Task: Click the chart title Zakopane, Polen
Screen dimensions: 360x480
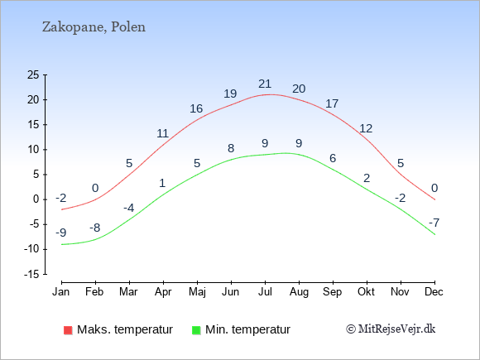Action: pyautogui.click(x=94, y=26)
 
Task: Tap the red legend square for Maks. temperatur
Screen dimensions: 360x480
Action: pyautogui.click(x=67, y=329)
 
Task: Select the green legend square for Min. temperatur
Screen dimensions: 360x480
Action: pyautogui.click(x=196, y=329)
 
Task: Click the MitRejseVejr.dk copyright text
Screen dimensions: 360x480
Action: pyautogui.click(x=391, y=329)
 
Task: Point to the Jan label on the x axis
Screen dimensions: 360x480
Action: pyautogui.click(x=61, y=292)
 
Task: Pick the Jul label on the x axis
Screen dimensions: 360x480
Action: pyautogui.click(x=265, y=292)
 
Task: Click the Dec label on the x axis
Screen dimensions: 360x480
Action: pyautogui.click(x=434, y=292)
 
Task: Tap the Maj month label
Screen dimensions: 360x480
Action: pyautogui.click(x=197, y=292)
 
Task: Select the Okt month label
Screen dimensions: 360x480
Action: pyautogui.click(x=367, y=292)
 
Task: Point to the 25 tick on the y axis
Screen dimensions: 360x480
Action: pyautogui.click(x=33, y=75)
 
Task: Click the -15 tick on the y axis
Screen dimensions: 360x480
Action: pyautogui.click(x=31, y=274)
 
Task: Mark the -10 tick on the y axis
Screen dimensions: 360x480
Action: pyautogui.click(x=31, y=249)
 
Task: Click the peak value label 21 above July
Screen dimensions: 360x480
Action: pyautogui.click(x=265, y=84)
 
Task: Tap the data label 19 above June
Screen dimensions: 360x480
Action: pyautogui.click(x=231, y=94)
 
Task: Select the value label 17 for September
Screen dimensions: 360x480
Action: pyautogui.click(x=332, y=103)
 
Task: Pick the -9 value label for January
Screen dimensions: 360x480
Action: pyautogui.click(x=61, y=233)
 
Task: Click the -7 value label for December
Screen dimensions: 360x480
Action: pyautogui.click(x=434, y=223)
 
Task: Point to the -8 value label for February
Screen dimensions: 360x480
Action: pyautogui.click(x=95, y=228)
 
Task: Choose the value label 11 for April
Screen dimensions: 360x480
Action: pyautogui.click(x=163, y=133)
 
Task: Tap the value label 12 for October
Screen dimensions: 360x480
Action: pyautogui.click(x=366, y=128)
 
